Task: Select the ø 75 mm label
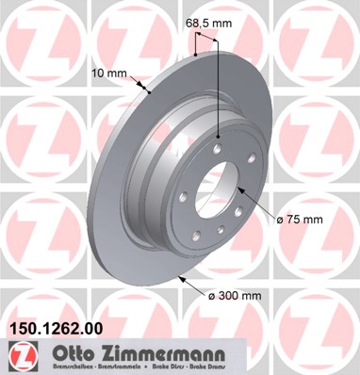(x=302, y=219)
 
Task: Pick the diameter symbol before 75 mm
(x=280, y=219)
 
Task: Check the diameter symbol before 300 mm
(x=211, y=296)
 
